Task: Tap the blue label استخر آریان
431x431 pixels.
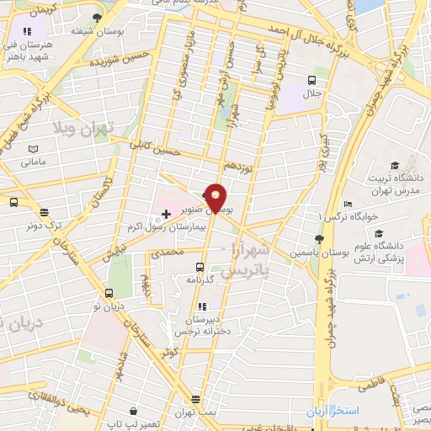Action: click(331, 411)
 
